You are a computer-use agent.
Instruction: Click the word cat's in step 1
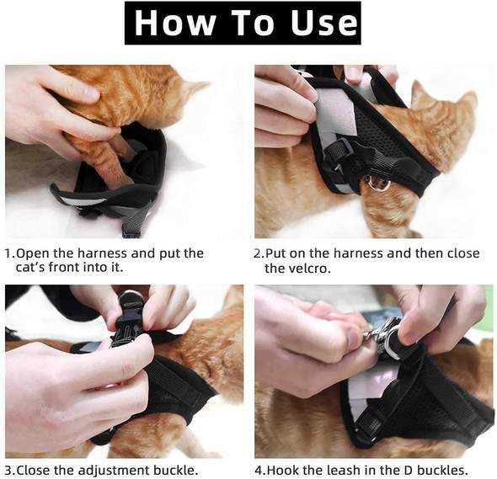click(x=33, y=269)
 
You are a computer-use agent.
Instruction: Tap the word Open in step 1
click(x=33, y=253)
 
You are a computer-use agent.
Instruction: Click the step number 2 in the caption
click(x=259, y=253)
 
